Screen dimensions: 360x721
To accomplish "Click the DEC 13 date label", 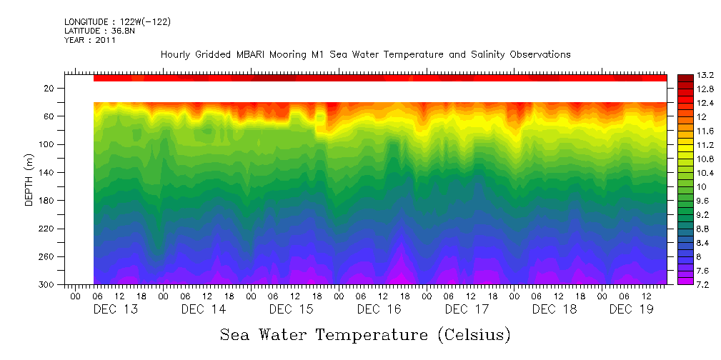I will click(116, 309).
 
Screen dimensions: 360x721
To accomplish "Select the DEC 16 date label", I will click(379, 309).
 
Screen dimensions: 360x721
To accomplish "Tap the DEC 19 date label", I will click(632, 309).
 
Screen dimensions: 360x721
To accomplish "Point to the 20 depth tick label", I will click(50, 89).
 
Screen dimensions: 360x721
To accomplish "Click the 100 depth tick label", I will click(48, 144).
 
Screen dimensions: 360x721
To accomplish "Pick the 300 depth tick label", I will click(48, 284).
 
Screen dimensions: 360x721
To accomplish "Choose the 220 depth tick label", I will click(48, 229).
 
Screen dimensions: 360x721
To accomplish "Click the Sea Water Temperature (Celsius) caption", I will click(365, 334).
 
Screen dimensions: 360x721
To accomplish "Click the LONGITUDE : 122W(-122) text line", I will click(117, 22).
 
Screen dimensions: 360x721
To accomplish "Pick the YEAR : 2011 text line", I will click(90, 41).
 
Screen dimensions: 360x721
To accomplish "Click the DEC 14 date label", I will click(204, 309).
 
